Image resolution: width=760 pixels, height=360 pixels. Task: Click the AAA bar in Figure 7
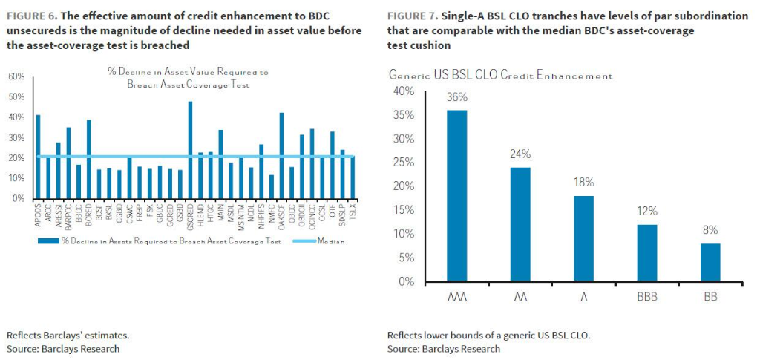[456, 196]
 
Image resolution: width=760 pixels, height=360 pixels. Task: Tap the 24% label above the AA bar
[520, 154]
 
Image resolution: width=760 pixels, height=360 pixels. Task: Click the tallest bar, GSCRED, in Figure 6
[190, 150]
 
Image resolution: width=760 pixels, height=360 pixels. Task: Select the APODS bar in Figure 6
[38, 157]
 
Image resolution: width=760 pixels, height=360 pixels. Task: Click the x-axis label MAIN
[220, 215]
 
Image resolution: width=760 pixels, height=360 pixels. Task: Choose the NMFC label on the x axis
[271, 216]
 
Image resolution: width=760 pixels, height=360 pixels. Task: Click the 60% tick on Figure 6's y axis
[16, 77]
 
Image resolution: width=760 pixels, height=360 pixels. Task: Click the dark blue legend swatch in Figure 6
[49, 241]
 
